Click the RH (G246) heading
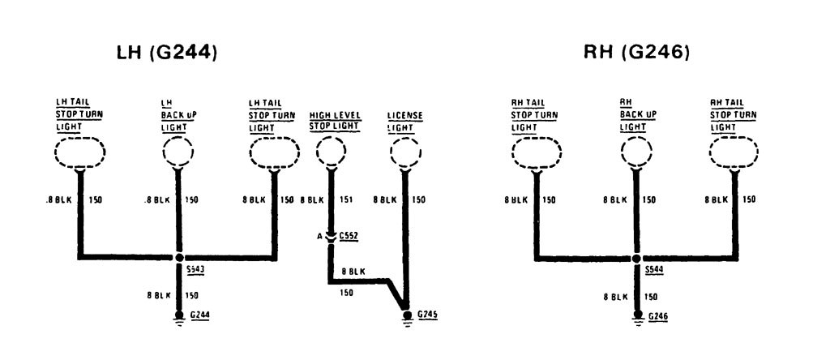click(x=636, y=53)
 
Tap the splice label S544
click(x=653, y=268)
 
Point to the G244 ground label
click(x=199, y=314)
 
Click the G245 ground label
click(x=426, y=314)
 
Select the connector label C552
click(x=349, y=235)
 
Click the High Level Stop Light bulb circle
click(x=331, y=152)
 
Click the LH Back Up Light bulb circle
click(x=178, y=152)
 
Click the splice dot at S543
click(x=179, y=259)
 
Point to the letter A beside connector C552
click(x=321, y=235)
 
